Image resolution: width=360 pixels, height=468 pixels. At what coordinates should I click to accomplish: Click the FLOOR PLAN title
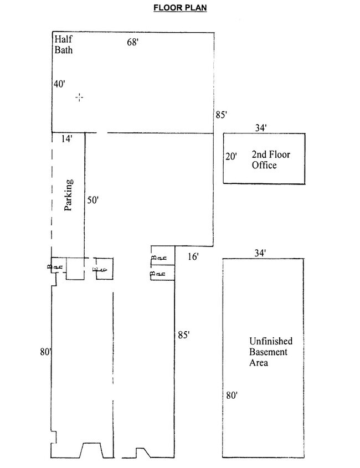(x=179, y=8)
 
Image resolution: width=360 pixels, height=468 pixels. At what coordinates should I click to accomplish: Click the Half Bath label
(x=64, y=44)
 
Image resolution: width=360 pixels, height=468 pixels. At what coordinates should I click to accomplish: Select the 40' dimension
(x=59, y=84)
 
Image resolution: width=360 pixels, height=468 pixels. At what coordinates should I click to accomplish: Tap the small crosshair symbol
(x=80, y=97)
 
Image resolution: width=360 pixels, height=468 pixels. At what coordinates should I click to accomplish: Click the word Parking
(x=69, y=195)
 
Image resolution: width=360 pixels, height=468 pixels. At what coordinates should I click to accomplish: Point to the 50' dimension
(x=92, y=200)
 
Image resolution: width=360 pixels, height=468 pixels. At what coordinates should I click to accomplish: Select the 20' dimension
(x=231, y=156)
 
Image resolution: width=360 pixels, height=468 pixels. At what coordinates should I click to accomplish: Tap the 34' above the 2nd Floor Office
(x=261, y=128)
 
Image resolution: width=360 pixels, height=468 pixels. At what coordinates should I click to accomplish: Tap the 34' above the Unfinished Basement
(x=261, y=253)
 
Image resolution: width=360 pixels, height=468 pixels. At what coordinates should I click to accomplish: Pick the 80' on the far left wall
(x=46, y=351)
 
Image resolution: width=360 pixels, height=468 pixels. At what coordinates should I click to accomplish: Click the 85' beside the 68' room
(x=222, y=115)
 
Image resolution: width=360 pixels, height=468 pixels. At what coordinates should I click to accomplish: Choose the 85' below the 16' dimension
(x=184, y=335)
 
